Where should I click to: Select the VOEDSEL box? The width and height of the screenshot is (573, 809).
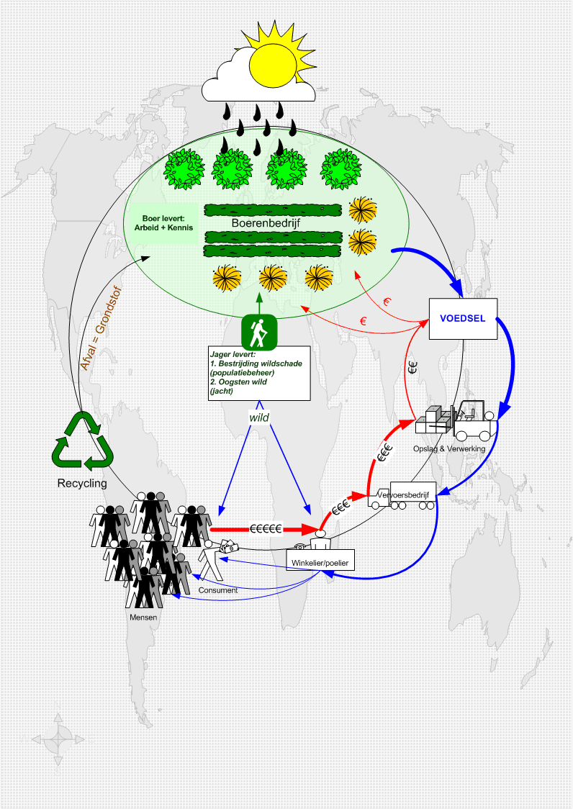click(462, 319)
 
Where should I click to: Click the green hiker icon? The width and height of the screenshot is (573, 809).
click(258, 332)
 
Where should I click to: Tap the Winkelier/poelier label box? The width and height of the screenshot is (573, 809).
click(321, 561)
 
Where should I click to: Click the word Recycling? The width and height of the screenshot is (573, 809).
click(82, 483)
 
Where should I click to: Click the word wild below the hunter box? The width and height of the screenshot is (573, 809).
click(258, 417)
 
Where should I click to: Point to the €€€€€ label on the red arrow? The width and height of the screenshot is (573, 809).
click(266, 528)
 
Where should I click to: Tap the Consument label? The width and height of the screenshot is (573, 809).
click(218, 590)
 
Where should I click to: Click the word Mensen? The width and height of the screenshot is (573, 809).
click(143, 617)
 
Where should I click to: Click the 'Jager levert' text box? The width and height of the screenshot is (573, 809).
click(259, 373)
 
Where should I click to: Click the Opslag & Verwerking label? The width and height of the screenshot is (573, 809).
click(450, 448)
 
